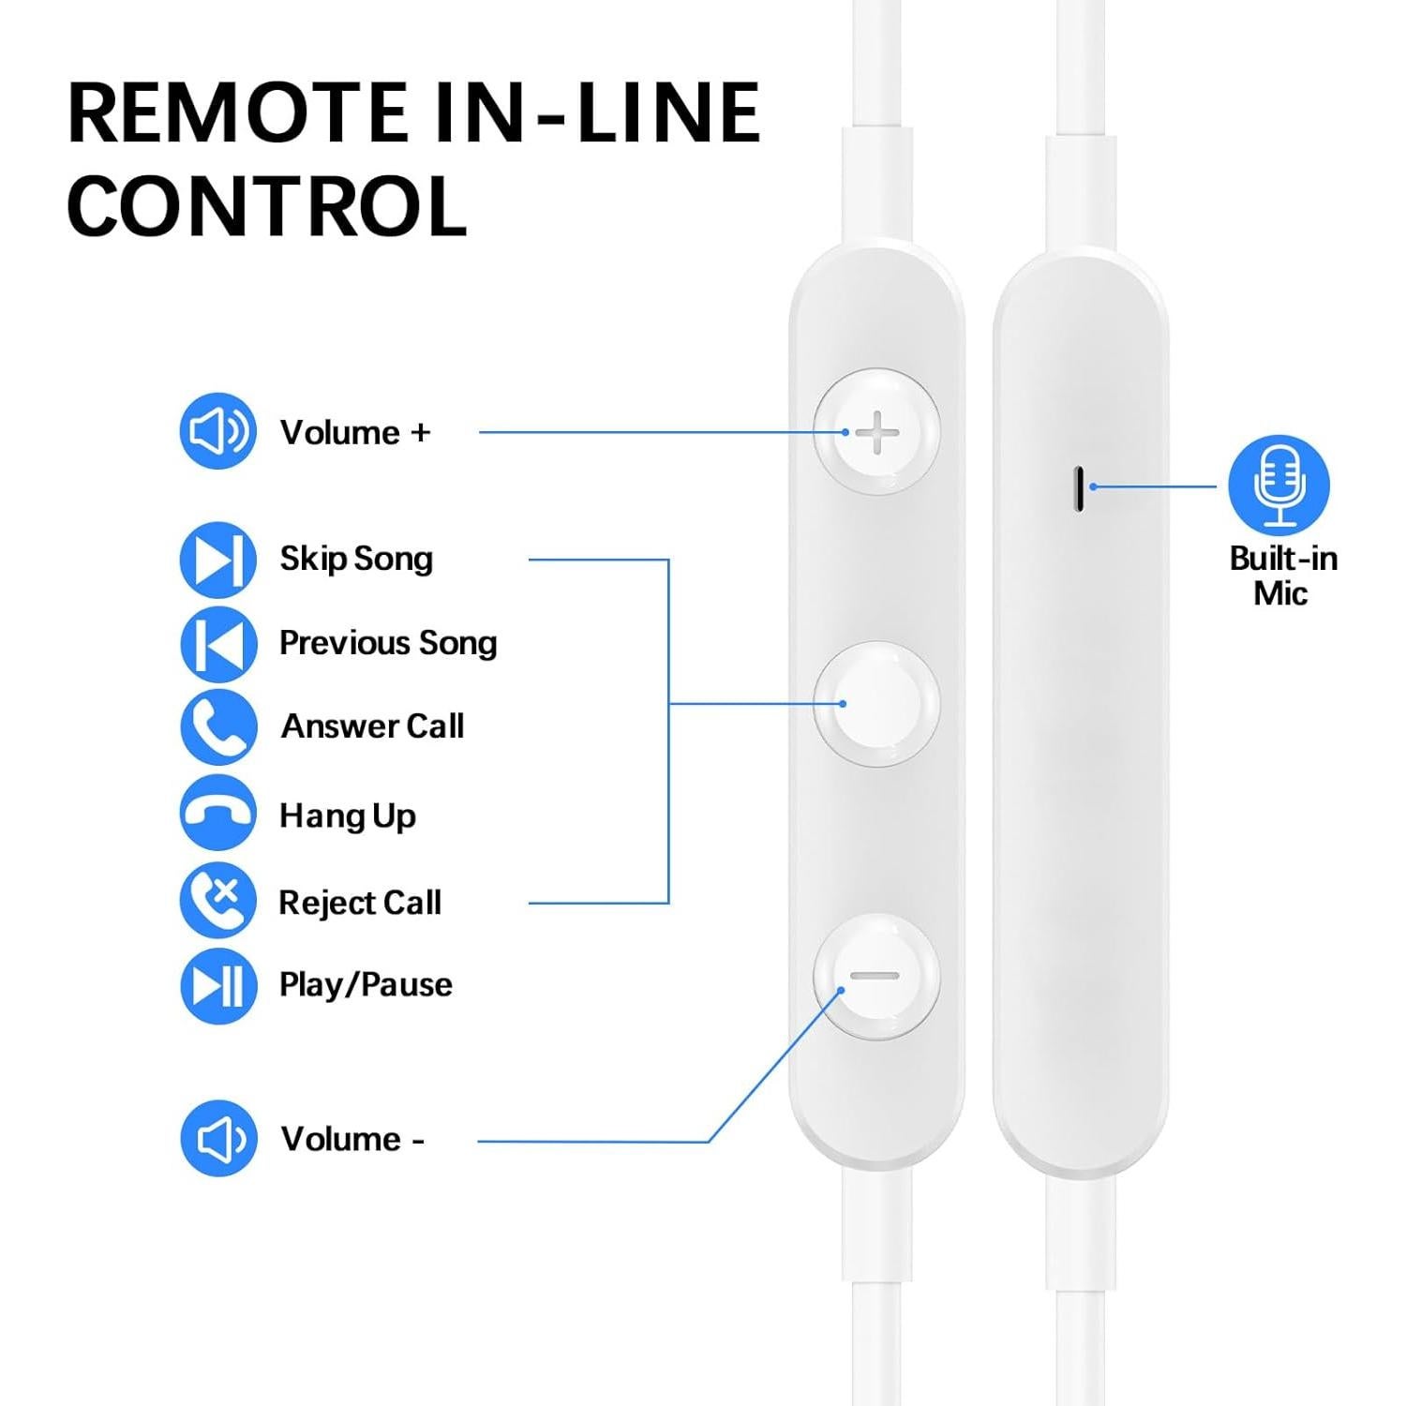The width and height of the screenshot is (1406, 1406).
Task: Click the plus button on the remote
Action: point(877,432)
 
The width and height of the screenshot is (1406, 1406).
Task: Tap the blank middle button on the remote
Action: point(877,704)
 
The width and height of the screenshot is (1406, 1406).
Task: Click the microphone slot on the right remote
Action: point(1080,488)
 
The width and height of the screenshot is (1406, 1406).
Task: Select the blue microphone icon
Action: point(1279,485)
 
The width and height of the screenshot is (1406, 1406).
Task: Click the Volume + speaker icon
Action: point(218,431)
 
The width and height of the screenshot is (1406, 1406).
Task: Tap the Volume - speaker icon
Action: point(218,1138)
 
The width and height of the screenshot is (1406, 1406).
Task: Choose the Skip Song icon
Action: point(218,560)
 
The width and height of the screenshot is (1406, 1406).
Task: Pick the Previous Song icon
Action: point(218,643)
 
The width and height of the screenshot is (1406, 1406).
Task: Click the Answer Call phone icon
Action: point(218,726)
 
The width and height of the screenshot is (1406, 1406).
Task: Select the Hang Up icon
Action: point(218,813)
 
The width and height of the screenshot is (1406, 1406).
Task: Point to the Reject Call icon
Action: point(218,900)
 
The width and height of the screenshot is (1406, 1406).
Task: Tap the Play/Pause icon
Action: point(218,985)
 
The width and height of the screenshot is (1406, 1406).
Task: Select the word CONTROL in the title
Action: point(266,206)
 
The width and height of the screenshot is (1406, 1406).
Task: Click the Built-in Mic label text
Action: point(1282,576)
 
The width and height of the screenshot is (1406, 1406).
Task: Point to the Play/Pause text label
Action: point(366,985)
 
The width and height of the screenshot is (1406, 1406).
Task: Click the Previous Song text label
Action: point(388,643)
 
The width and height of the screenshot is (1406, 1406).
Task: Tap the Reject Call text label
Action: point(360,903)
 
